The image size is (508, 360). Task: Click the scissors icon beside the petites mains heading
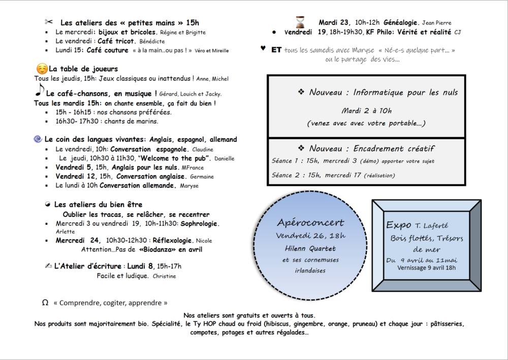(49, 22)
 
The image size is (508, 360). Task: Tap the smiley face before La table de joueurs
(42, 69)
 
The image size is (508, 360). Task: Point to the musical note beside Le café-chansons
(40, 91)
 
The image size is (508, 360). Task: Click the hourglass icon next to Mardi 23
(301, 22)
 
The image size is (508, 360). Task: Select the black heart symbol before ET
(263, 49)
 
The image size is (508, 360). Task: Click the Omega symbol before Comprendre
(45, 303)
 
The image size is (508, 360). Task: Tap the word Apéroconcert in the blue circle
(310, 223)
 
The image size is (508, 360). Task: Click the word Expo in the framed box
(398, 224)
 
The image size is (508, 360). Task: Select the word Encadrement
(378, 148)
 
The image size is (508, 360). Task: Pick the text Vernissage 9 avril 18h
(426, 268)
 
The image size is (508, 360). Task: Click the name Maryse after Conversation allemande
(188, 186)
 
